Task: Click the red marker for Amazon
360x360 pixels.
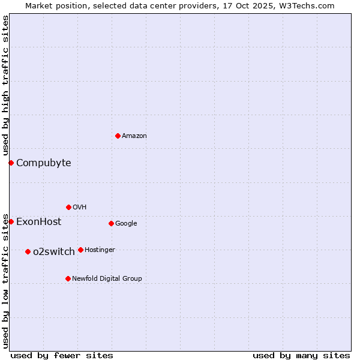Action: [x=118, y=136]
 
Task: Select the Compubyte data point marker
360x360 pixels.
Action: [x=11, y=163]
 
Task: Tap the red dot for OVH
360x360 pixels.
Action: [x=68, y=207]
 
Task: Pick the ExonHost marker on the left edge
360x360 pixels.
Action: [x=11, y=221]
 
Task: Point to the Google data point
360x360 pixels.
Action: [x=111, y=223]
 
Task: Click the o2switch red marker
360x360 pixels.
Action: [x=28, y=251]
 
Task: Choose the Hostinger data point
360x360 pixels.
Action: [x=80, y=250]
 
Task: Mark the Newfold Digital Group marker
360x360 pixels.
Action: [x=68, y=278]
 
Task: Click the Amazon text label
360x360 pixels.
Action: [x=134, y=136]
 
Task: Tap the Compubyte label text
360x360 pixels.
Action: [x=43, y=163]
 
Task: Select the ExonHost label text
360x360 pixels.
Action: [x=38, y=221]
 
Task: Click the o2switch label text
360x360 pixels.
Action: [x=54, y=251]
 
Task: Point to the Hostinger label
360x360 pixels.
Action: [x=100, y=250]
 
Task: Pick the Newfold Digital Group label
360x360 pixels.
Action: [x=107, y=278]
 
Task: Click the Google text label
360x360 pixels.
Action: [x=126, y=223]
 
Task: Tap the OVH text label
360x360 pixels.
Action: [x=80, y=207]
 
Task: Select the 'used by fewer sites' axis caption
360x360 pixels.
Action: [x=62, y=355]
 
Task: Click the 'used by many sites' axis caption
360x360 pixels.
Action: [x=301, y=355]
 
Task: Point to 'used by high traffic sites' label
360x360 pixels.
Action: [x=5, y=86]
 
